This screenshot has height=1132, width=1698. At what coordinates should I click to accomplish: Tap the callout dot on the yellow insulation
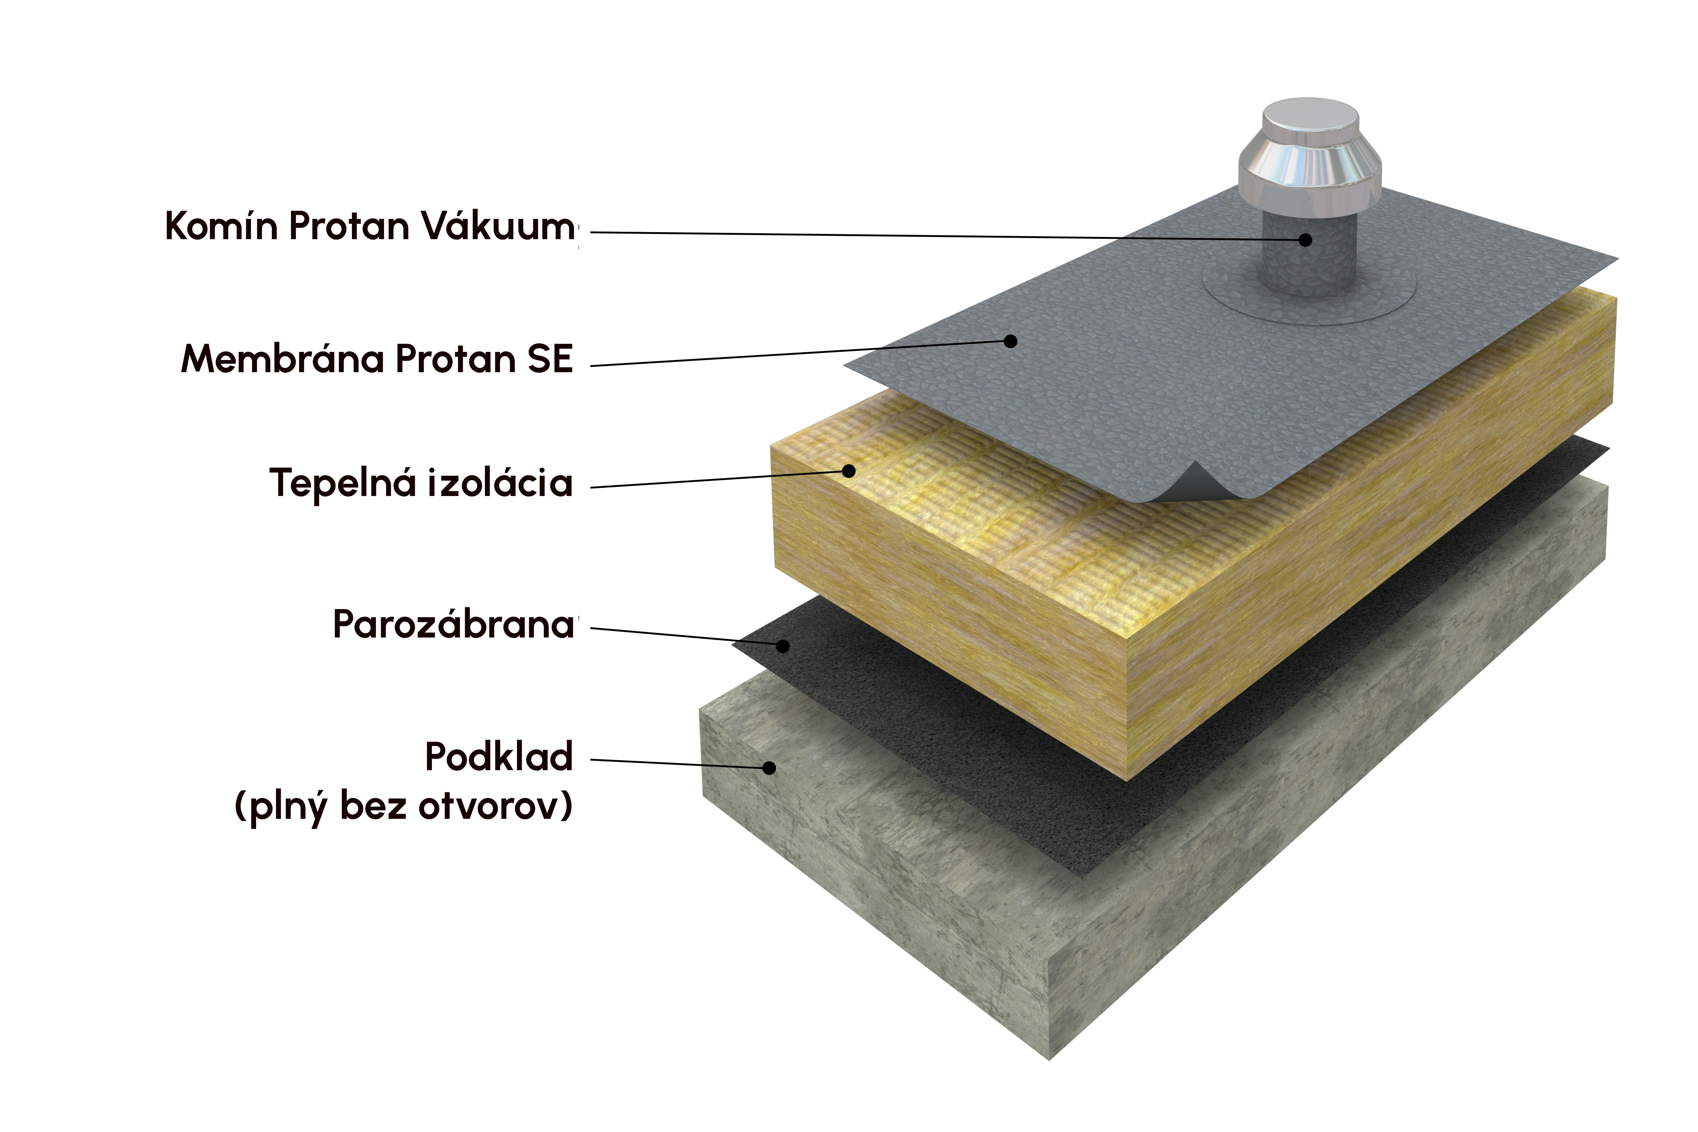pos(849,471)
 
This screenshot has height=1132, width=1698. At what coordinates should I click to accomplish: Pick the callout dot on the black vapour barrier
pos(783,646)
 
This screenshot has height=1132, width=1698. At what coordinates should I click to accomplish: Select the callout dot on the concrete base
pos(769,768)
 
